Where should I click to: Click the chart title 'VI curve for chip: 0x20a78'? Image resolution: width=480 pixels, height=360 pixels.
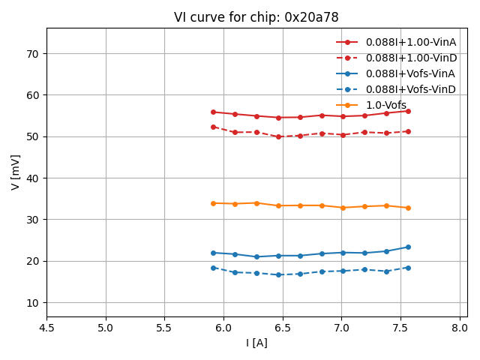pos(256,17)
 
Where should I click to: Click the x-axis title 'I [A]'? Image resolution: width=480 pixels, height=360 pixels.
pos(256,343)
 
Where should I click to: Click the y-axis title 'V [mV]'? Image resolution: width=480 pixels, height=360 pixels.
pos(16,172)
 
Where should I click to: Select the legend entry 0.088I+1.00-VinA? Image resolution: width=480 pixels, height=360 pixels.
pos(410,42)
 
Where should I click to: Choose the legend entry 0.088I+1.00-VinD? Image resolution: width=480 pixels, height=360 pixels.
pos(410,58)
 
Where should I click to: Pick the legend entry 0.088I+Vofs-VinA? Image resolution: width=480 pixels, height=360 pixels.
pos(410,73)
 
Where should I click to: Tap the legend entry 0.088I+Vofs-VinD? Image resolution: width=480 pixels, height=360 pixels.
pos(410,89)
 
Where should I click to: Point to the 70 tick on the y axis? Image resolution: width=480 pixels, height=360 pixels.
pos(33,54)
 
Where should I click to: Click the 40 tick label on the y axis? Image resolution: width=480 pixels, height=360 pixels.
pos(33,178)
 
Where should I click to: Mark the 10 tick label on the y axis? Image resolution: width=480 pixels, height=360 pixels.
pos(33,303)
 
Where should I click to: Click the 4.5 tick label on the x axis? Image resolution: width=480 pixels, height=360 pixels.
pos(46,328)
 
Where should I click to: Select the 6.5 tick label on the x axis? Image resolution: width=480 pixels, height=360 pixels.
pos(283,328)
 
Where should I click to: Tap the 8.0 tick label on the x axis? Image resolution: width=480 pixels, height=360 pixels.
pos(460,328)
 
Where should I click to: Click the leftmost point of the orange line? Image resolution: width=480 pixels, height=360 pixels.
pos(213,203)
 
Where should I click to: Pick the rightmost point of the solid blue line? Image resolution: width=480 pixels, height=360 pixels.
pos(408,247)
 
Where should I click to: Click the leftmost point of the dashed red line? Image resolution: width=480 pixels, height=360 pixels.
pos(213,127)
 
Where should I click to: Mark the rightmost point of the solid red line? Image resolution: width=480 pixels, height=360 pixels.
pos(408,111)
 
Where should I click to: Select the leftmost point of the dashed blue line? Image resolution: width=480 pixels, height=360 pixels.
pos(213,268)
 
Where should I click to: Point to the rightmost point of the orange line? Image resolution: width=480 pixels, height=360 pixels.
pos(408,208)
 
